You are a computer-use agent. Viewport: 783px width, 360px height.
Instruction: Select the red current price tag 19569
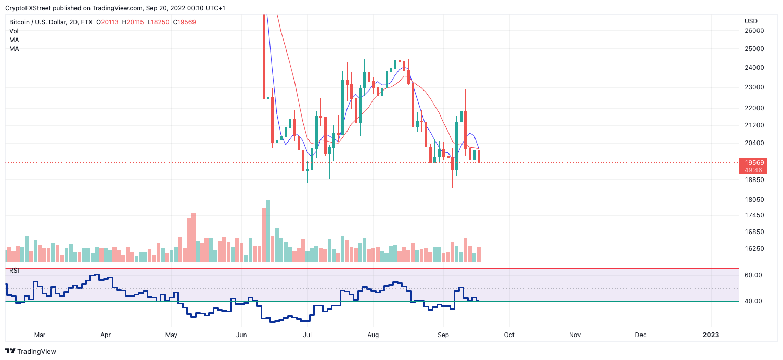[753, 163]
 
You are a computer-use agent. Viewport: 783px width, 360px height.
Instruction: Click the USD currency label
[751, 21]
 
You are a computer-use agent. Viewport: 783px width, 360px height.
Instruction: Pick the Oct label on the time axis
[509, 335]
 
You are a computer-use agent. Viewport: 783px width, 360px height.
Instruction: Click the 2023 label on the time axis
[711, 335]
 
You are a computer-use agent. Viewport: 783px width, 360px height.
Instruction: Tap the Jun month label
[241, 335]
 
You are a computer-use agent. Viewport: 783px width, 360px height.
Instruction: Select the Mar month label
[40, 335]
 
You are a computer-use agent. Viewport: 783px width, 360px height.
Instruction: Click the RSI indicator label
[14, 271]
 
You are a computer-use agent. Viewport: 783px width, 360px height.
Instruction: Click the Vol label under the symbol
[14, 31]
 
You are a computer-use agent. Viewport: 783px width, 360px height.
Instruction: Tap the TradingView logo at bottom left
[31, 351]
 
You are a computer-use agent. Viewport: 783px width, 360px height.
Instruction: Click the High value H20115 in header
[134, 22]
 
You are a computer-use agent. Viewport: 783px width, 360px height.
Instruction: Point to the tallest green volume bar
[268, 230]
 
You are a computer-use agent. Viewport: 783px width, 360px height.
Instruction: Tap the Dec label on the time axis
[640, 335]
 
